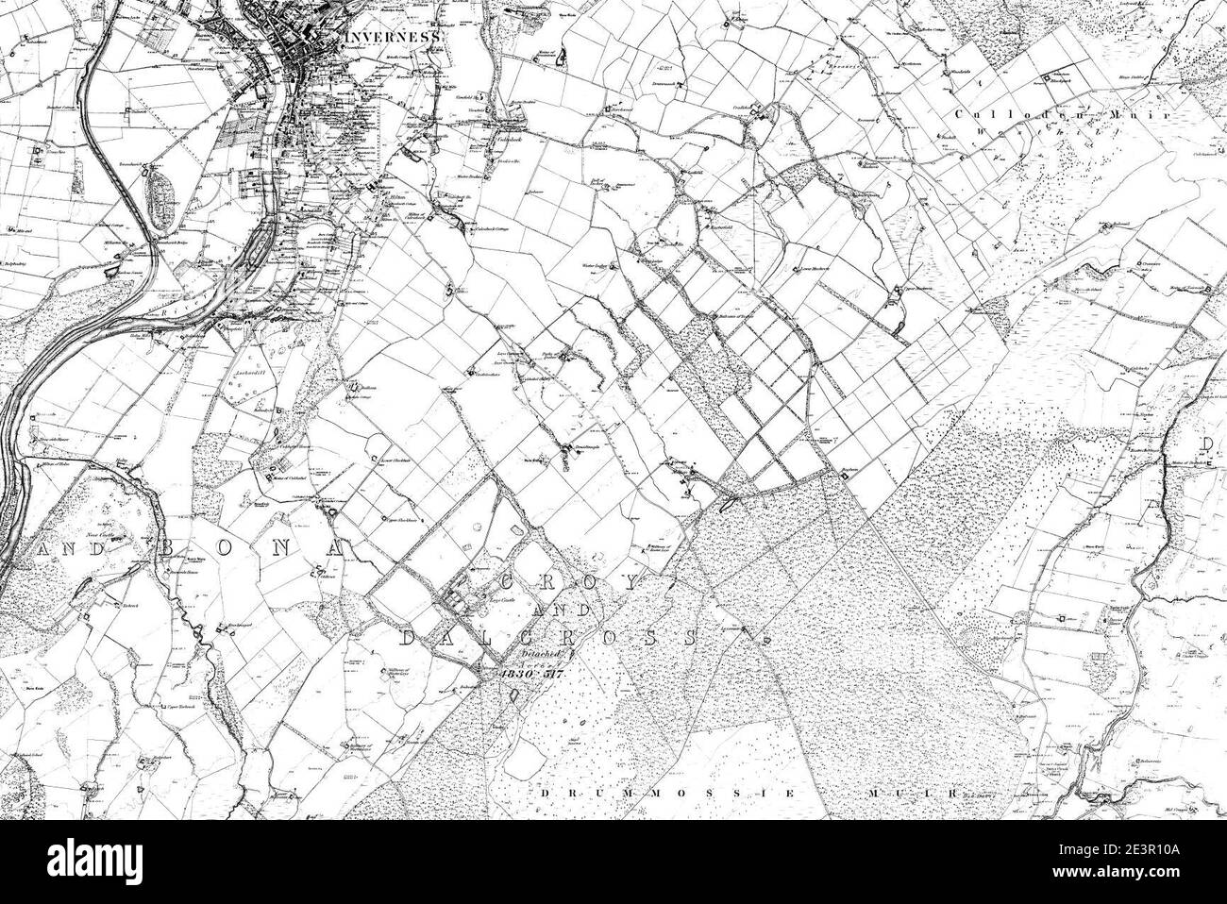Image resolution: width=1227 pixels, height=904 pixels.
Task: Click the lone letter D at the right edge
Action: (x=1205, y=444)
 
